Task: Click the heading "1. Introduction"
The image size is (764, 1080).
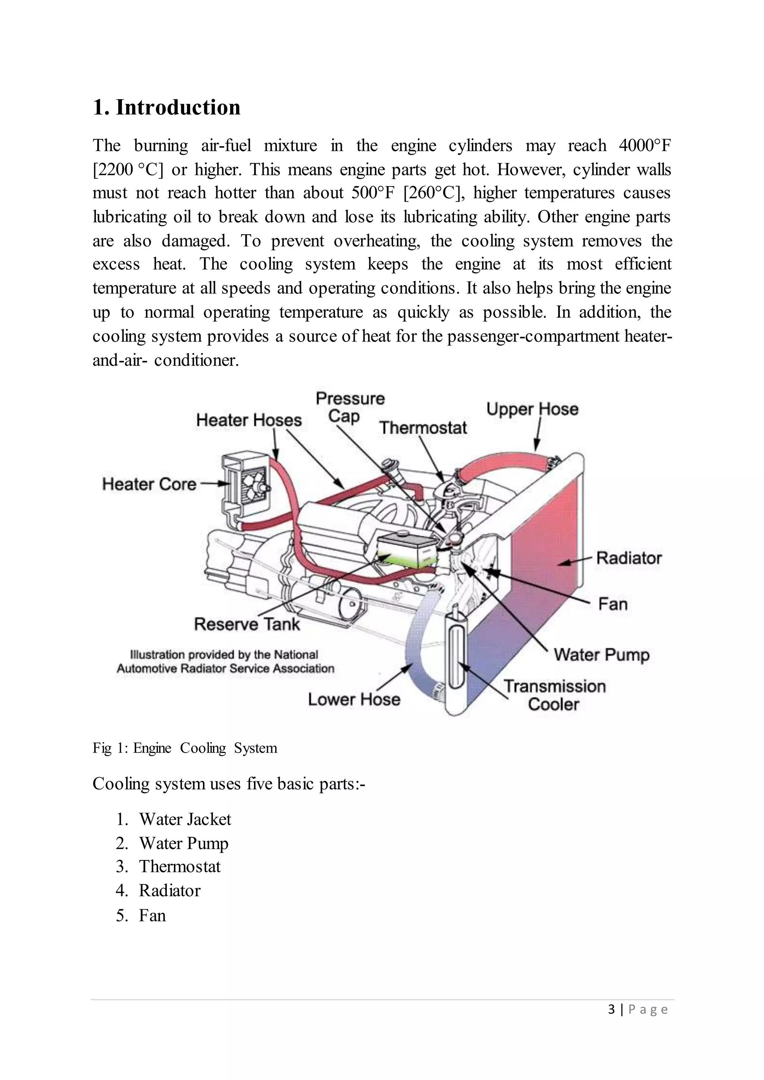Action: pyautogui.click(x=166, y=108)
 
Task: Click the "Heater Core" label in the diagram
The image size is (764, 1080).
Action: pyautogui.click(x=149, y=484)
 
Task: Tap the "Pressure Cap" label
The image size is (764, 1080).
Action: pyautogui.click(x=350, y=407)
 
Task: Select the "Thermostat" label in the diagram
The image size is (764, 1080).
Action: pyautogui.click(x=423, y=428)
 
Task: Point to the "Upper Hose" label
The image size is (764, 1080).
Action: pyautogui.click(x=532, y=409)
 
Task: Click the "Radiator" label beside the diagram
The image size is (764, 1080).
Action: pyautogui.click(x=629, y=558)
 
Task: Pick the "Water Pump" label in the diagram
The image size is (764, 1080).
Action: pyautogui.click(x=601, y=655)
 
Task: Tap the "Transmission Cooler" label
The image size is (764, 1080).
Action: pyautogui.click(x=555, y=695)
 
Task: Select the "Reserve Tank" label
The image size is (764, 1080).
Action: pyautogui.click(x=247, y=624)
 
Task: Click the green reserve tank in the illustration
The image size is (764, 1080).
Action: pyautogui.click(x=408, y=553)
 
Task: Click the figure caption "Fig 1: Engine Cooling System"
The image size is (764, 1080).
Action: pyautogui.click(x=185, y=748)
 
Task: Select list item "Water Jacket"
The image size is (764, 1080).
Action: pyautogui.click(x=185, y=819)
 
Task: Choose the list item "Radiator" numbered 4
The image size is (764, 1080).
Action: pyautogui.click(x=169, y=891)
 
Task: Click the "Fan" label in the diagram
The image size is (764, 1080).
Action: pyautogui.click(x=613, y=604)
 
